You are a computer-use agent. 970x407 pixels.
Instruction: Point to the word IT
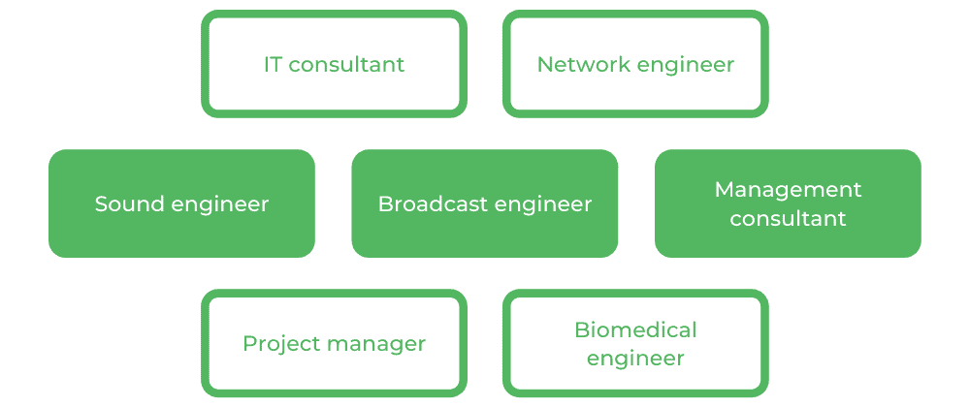pos(274,65)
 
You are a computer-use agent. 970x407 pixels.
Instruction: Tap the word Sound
pos(123,204)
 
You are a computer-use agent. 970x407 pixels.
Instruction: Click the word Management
pos(788,190)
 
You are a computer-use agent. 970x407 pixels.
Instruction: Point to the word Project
pos(275,344)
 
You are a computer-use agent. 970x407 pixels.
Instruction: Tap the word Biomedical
pos(635,329)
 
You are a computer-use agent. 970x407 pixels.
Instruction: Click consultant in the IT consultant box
pos(347,65)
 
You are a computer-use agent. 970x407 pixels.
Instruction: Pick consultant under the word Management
pos(788,219)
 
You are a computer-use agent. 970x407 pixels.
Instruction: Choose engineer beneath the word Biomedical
pos(635,359)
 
